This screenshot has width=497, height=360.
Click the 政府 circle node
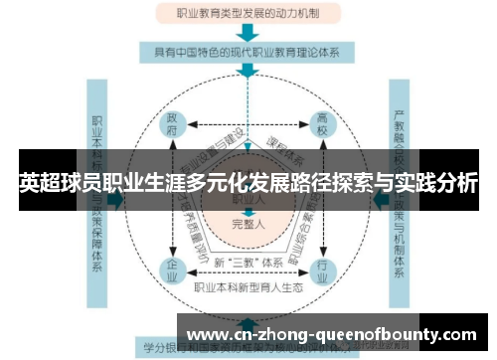pyautogui.click(x=173, y=125)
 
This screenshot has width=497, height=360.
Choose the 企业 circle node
pyautogui.click(x=173, y=268)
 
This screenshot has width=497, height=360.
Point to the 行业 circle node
pyautogui.click(x=321, y=268)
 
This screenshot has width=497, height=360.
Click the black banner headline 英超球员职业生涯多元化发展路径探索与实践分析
pyautogui.click(x=248, y=183)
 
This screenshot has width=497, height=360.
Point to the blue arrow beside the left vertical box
pyautogui.click(x=115, y=199)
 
